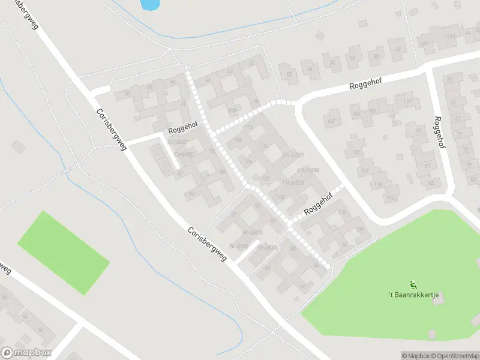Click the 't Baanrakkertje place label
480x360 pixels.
[x=415, y=295]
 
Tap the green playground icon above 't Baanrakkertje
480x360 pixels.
[x=413, y=284]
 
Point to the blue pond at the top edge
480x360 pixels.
[x=149, y=4]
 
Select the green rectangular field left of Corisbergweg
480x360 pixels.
[x=63, y=253]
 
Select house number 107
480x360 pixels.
[x=331, y=120]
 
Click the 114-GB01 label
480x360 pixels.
[x=292, y=155]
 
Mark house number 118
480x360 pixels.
[x=342, y=212]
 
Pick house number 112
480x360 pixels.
[x=247, y=127]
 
